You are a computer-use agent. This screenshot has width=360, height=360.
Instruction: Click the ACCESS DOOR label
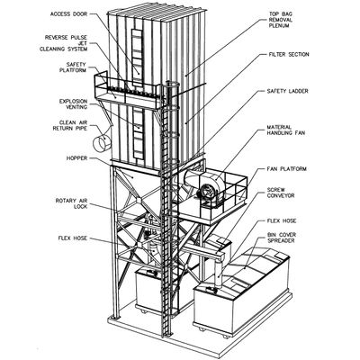tap(68, 14)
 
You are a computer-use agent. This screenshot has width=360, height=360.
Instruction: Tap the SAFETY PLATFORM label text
tap(73, 67)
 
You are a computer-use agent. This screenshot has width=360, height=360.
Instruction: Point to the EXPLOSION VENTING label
tap(73, 104)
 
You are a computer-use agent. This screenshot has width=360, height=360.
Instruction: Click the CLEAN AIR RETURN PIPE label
tap(70, 125)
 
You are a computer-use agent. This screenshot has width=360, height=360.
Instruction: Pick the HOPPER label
tap(76, 158)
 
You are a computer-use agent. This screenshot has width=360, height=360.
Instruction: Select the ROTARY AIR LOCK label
tap(71, 203)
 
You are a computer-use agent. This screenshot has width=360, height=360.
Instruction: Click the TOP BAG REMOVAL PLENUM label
tap(281, 20)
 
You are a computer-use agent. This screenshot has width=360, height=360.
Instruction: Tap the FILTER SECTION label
tap(288, 55)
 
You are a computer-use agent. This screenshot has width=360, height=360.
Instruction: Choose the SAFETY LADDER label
tap(287, 91)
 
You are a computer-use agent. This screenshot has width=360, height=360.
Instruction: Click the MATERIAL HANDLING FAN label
tap(286, 130)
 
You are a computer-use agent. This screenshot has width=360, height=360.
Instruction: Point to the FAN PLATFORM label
tap(287, 169)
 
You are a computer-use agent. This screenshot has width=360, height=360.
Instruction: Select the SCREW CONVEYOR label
tap(281, 193)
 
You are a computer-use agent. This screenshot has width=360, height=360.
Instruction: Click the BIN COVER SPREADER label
tap(282, 238)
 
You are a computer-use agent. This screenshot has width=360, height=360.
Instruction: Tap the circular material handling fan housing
tap(207, 191)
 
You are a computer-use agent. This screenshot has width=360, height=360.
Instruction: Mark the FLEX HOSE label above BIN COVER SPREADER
tap(282, 221)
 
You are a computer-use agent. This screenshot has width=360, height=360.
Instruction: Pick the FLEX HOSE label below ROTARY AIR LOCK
tap(73, 238)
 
